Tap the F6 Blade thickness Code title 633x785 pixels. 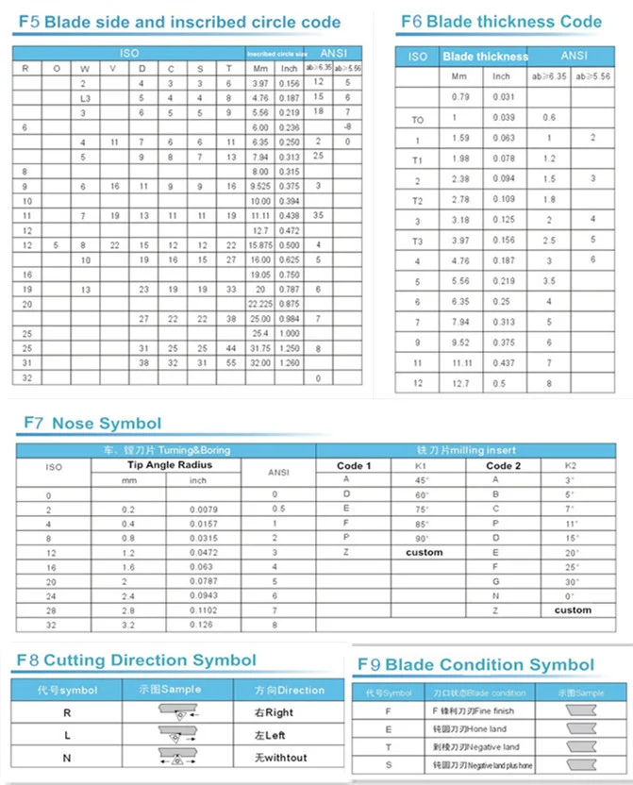500,21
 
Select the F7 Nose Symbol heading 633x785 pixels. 92,424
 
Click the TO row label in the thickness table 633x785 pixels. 418,120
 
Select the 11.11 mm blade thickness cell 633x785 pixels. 459,362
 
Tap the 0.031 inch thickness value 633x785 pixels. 502,97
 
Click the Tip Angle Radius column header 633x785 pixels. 170,465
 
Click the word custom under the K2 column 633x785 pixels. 572,610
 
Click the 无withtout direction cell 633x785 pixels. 282,757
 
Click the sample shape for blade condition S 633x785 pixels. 579,764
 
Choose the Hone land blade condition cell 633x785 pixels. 471,729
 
